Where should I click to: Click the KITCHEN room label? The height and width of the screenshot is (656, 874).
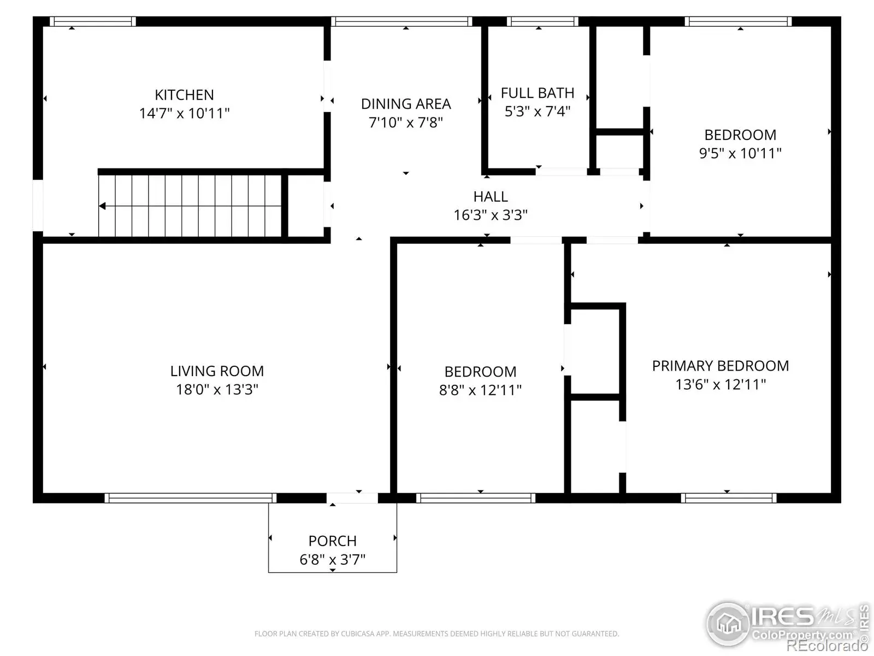click(x=184, y=95)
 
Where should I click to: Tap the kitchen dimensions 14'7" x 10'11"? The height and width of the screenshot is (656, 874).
click(x=184, y=114)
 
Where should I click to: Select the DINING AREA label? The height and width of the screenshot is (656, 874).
click(x=406, y=104)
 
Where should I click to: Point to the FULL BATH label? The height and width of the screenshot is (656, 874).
click(x=538, y=93)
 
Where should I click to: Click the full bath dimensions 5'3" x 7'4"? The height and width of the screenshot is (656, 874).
click(x=538, y=112)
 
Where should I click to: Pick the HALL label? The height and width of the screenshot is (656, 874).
click(x=491, y=197)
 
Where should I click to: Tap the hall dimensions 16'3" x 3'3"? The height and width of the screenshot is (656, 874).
click(x=491, y=215)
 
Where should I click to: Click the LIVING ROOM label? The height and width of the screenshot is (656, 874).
click(x=217, y=371)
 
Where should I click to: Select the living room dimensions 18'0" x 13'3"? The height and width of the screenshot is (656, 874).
click(x=217, y=390)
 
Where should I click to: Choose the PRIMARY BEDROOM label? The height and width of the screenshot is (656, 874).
click(x=721, y=366)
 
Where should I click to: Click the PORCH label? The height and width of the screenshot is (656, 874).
click(x=333, y=541)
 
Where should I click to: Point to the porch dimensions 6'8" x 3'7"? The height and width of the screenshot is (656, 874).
click(x=333, y=560)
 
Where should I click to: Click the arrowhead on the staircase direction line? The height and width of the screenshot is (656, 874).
click(x=102, y=206)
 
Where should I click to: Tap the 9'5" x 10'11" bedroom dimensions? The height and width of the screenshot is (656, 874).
click(x=740, y=154)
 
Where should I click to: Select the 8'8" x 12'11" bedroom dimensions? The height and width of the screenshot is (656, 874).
click(x=480, y=390)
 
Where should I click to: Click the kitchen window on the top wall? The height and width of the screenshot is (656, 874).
click(x=93, y=21)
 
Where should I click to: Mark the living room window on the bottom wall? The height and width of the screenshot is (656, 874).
click(x=191, y=498)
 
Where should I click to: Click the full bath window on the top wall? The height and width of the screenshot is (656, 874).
click(x=543, y=21)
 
